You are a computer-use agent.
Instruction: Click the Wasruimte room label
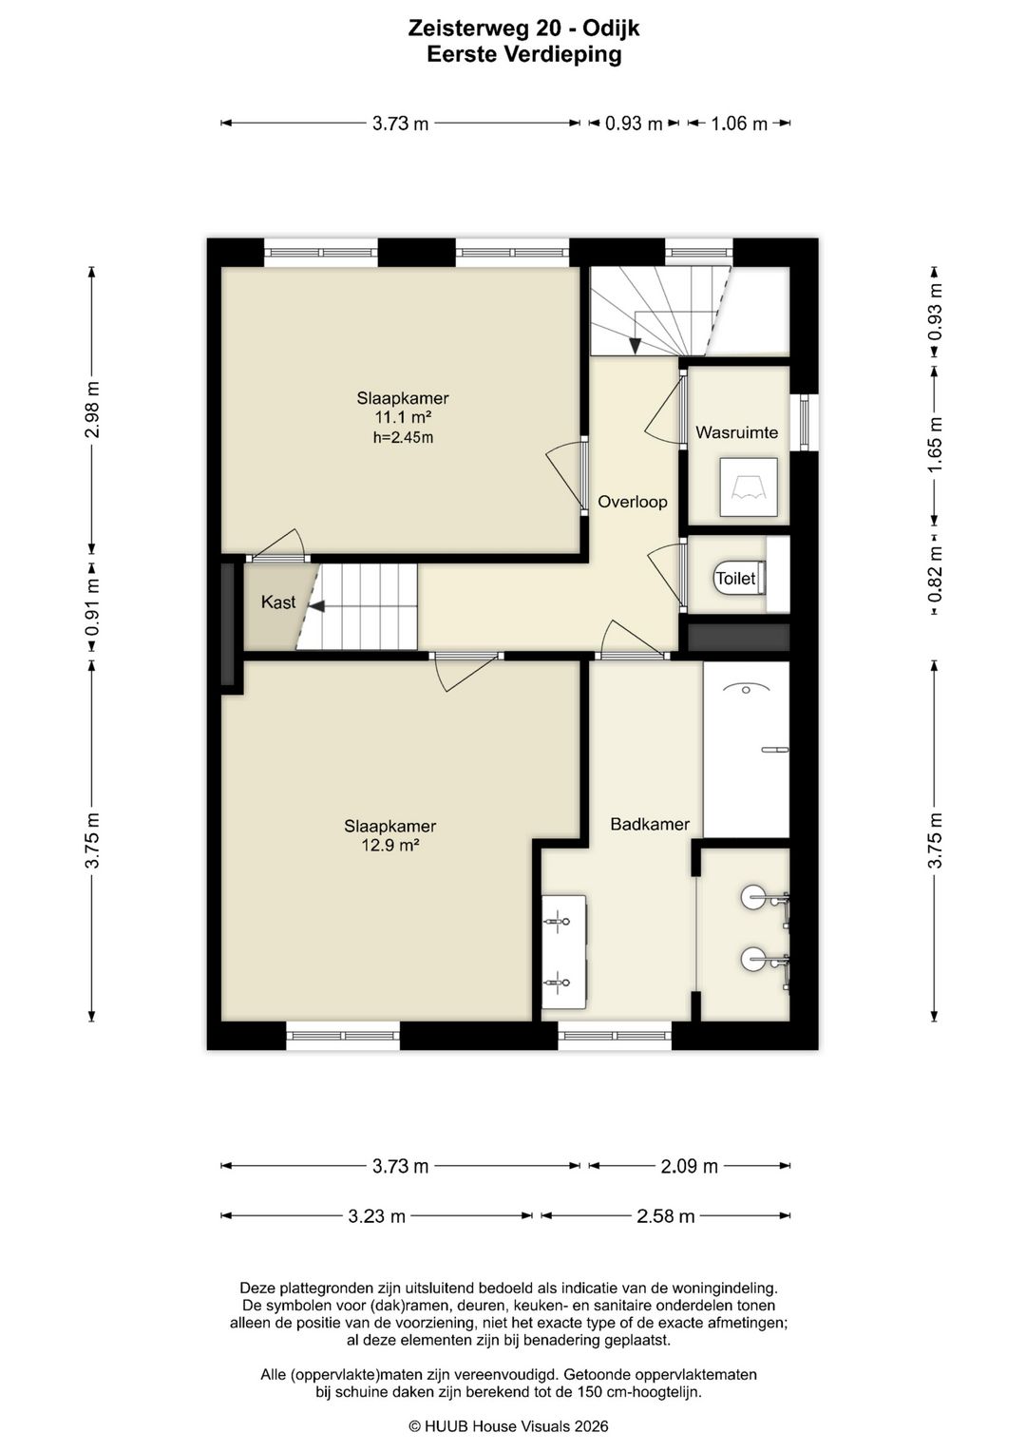[736, 432]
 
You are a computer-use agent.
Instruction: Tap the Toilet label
[735, 578]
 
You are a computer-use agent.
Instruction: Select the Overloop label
[632, 502]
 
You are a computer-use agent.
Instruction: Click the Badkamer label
[650, 824]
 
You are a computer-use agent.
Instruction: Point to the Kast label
[277, 601]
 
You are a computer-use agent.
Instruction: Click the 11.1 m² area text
[403, 416]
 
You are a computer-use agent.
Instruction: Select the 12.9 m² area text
[389, 845]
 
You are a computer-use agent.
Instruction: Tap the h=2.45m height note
[403, 437]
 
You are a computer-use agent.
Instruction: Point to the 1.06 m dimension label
[739, 124]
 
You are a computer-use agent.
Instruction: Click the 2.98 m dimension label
[93, 410]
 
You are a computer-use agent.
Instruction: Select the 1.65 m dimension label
[935, 446]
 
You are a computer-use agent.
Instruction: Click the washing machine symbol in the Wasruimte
[749, 487]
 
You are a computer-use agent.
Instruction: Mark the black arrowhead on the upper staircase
[636, 346]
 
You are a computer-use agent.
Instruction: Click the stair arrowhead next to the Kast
[316, 606]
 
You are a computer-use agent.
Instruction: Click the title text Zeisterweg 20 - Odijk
[523, 29]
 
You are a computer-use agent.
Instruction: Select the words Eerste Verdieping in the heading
[523, 54]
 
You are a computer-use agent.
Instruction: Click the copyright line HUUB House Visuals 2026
[508, 1425]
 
